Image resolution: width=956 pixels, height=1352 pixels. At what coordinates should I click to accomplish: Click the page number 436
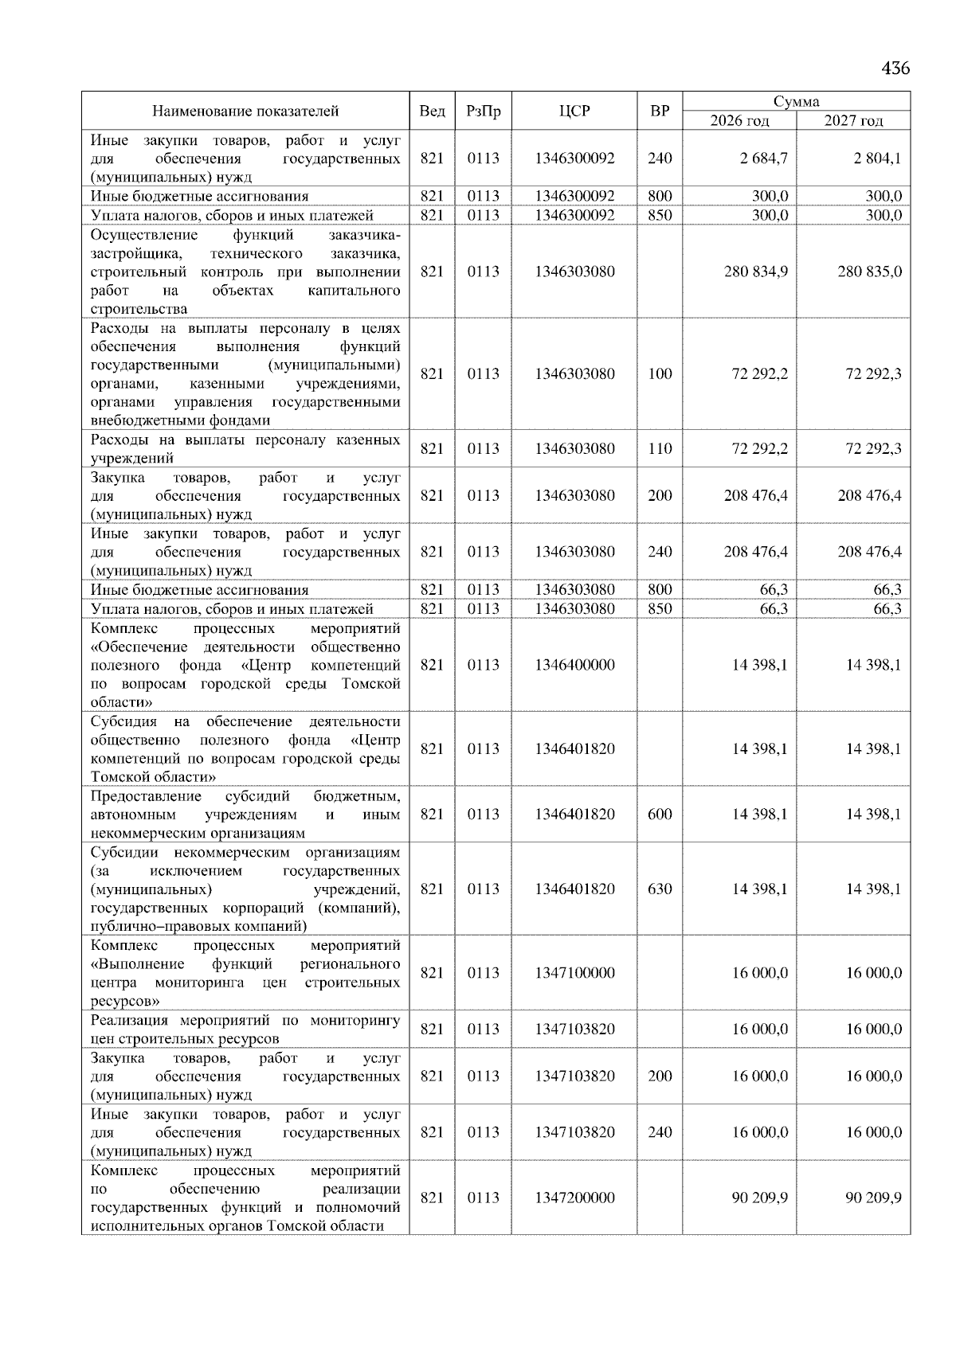pos(895,68)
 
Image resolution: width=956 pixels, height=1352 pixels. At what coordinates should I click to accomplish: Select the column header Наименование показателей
pos(245,111)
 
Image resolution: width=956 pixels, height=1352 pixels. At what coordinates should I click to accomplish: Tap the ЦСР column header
pos(574,111)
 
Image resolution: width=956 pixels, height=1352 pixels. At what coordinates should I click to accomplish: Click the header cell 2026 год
pos(739,121)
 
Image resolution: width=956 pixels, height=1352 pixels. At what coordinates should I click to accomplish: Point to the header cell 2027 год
pos(853,121)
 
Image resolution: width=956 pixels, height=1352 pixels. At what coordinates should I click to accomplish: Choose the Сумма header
pos(796,101)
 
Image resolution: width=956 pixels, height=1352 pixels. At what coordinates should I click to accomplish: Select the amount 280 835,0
pos(869,272)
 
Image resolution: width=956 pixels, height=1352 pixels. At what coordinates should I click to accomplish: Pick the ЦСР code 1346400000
pos(574,665)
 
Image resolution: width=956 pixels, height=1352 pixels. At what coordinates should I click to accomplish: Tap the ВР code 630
pos(660,889)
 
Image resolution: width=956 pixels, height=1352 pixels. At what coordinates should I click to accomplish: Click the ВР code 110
pos(660,449)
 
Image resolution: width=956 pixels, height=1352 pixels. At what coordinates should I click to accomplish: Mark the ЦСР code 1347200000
pos(574,1198)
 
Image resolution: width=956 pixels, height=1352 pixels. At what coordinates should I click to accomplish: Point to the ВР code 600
pos(660,815)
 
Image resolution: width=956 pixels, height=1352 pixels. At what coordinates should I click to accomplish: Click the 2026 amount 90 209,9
pos(760,1198)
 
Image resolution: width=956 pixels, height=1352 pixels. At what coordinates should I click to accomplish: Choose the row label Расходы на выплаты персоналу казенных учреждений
pos(245,449)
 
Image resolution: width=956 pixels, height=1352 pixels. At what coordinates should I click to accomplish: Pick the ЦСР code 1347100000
pos(574,973)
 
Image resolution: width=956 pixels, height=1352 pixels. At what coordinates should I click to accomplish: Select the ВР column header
pos(660,111)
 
